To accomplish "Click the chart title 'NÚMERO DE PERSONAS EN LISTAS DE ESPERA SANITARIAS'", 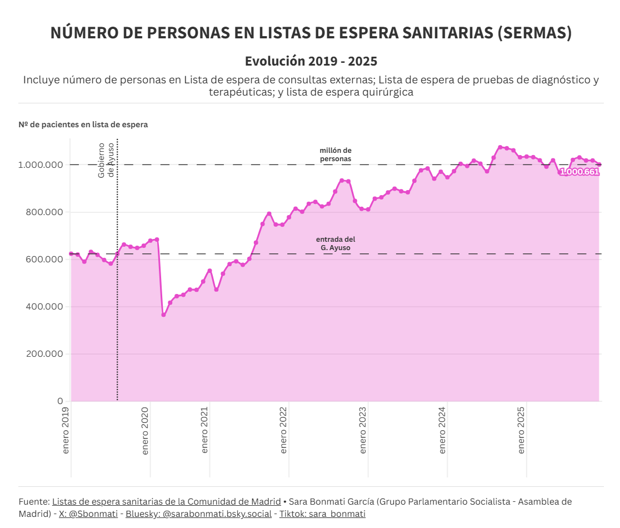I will [311, 33].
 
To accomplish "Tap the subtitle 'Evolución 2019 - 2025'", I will [311, 61].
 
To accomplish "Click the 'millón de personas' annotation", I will [336, 155].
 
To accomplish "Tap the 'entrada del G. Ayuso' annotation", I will [336, 243].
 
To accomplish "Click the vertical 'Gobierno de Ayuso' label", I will [106, 160].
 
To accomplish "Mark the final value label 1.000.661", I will [579, 172].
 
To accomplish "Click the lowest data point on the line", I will [163, 315].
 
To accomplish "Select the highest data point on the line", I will [500, 147].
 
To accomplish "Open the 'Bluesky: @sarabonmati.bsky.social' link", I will [198, 514].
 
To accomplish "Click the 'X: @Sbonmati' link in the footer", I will [88, 514].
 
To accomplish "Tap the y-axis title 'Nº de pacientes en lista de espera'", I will [83, 124].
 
